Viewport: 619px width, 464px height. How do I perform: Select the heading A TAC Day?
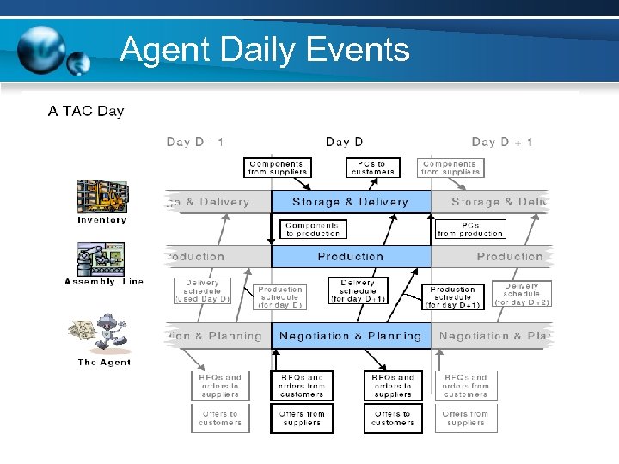(86, 111)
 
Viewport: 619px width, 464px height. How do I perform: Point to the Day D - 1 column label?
(195, 142)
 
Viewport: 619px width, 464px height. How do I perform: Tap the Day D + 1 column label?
(502, 142)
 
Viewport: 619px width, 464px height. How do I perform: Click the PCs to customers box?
(373, 167)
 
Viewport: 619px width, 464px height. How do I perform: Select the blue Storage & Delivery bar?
(351, 202)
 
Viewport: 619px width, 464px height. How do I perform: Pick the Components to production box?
(313, 229)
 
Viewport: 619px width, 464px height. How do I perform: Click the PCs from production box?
(470, 229)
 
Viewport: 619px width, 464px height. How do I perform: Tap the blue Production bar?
(351, 256)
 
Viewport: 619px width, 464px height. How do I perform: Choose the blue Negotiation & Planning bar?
(351, 336)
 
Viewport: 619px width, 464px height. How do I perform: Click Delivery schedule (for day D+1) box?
(358, 290)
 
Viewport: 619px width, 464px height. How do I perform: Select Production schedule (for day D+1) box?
(453, 297)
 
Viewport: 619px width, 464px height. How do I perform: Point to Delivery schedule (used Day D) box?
(202, 290)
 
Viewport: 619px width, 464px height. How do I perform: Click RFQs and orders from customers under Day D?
(302, 386)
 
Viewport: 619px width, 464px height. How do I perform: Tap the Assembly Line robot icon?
(101, 259)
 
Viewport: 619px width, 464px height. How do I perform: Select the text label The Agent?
(104, 363)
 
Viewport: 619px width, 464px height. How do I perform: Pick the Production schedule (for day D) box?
(280, 297)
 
